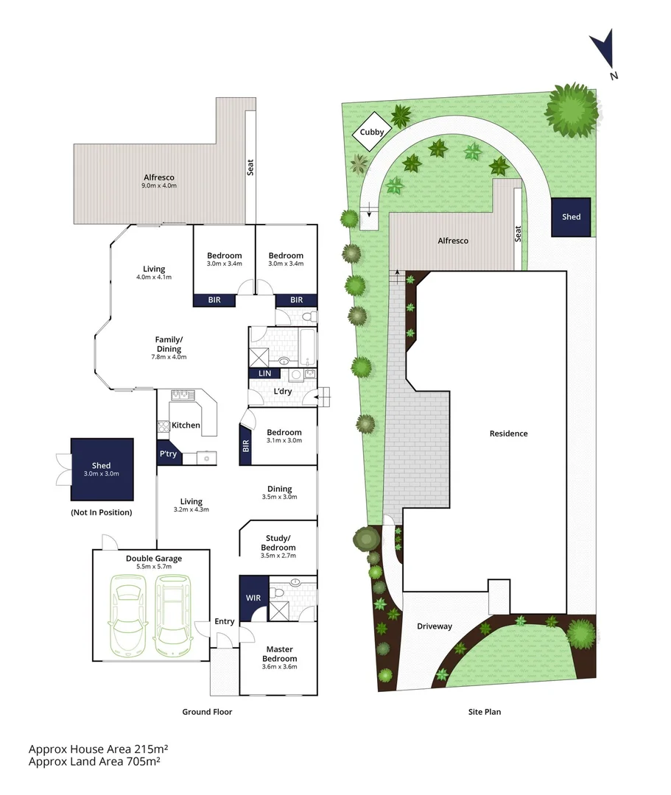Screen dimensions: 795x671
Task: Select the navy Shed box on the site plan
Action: coord(571,217)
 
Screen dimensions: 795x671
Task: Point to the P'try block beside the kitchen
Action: coord(168,454)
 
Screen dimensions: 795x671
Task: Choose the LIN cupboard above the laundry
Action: coord(264,374)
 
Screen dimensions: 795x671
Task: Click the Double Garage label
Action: coord(153,559)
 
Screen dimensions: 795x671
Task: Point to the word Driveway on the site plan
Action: coord(435,626)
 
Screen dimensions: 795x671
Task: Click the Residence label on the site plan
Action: coord(508,434)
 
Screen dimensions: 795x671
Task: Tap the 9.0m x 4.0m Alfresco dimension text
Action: coord(159,185)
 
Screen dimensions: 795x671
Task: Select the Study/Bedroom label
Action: coord(278,543)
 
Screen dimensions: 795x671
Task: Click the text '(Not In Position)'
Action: coord(102,512)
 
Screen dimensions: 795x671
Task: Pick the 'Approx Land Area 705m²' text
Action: coord(94,762)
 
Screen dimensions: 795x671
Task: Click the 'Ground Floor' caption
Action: coord(207,712)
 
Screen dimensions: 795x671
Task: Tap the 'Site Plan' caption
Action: coord(484,712)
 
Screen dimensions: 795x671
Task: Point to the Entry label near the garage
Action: coord(225,622)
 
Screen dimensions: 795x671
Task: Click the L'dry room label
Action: coord(283,392)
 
